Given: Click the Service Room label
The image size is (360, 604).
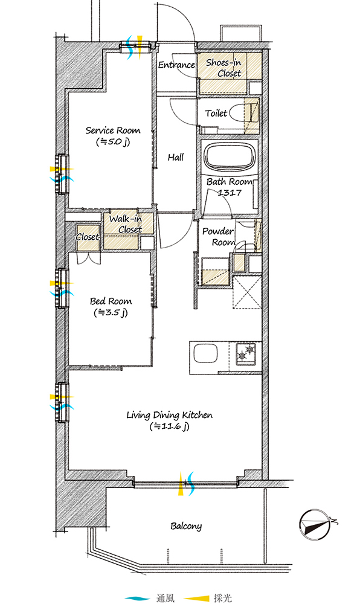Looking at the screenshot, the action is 113,130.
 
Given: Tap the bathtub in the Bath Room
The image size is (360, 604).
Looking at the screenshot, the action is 230,158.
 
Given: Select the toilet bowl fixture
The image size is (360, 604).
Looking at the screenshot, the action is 242,114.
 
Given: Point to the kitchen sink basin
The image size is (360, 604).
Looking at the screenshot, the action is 205,353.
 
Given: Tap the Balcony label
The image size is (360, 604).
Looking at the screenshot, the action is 186,526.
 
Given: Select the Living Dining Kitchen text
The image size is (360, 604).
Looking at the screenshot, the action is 169,416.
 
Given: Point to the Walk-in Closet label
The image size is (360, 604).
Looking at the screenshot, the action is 126,224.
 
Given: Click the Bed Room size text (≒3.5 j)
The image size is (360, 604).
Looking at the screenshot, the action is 111,313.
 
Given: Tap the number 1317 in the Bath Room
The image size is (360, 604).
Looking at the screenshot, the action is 230,192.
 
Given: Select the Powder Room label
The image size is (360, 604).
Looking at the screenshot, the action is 218,237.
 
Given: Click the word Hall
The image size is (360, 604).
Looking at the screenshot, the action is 176,157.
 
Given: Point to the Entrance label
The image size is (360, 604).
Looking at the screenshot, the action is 177,65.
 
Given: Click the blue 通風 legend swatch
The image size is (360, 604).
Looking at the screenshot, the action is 138,598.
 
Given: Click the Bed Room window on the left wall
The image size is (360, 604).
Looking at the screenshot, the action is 62,288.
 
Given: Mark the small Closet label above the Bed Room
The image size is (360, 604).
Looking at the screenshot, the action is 88,237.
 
